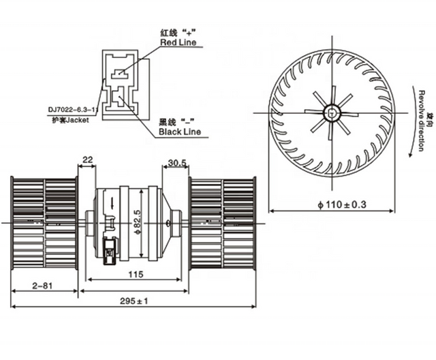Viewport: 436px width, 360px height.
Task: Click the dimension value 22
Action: [87, 160]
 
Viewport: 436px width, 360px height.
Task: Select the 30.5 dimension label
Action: [176, 162]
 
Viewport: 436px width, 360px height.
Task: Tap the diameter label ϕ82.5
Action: [136, 217]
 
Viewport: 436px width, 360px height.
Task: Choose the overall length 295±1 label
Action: [134, 301]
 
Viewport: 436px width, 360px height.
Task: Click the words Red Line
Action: [178, 43]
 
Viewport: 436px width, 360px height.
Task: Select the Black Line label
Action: [180, 131]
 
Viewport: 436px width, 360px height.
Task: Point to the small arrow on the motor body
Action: [111, 203]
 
